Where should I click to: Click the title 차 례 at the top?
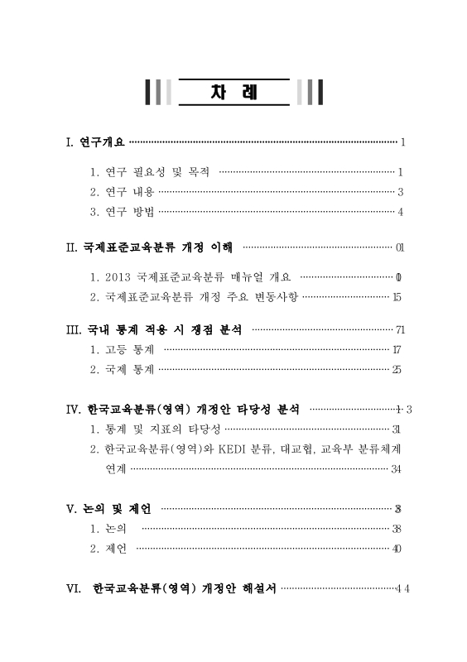(233, 92)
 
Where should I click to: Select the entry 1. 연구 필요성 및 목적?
(150, 172)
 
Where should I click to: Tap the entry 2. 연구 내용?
(122, 192)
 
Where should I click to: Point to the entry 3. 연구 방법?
(122, 212)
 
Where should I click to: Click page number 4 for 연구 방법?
(400, 212)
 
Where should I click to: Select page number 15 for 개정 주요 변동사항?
(397, 297)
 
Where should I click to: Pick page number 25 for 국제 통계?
(397, 370)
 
